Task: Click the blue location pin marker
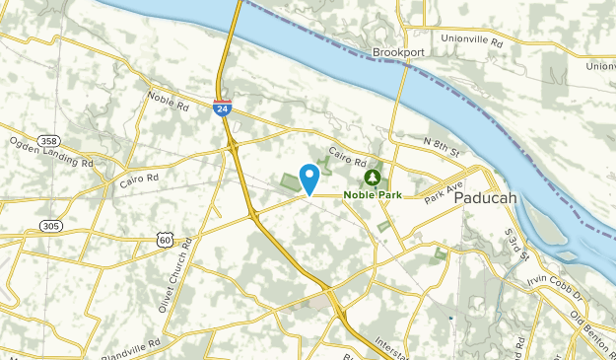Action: coord(309,179)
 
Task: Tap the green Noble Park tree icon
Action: coord(373,178)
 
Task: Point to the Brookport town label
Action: coord(397,53)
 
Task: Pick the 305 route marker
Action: coord(51,226)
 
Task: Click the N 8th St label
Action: coord(442,149)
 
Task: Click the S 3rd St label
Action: coord(515,245)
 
